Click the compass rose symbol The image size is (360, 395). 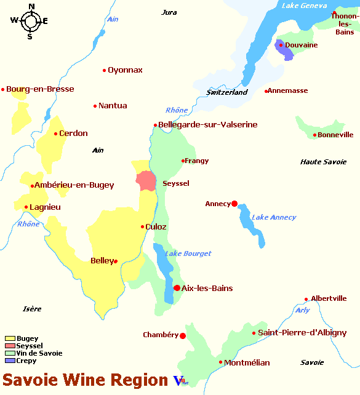[x=30, y=22]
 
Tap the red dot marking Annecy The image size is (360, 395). [x=234, y=204]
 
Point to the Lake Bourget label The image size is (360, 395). [x=188, y=253]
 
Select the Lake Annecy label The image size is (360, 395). [x=274, y=217]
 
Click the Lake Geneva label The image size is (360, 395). [x=303, y=6]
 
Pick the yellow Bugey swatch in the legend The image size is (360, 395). [x=10, y=338]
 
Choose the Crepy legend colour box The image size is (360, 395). [x=10, y=361]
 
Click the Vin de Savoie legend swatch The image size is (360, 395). [x=10, y=353]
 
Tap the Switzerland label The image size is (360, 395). [x=226, y=92]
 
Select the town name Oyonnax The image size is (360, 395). [x=125, y=70]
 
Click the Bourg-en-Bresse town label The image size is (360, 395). [x=40, y=89]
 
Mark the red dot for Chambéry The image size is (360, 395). [x=183, y=335]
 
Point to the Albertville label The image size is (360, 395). [x=329, y=298]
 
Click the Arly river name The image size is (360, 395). [x=302, y=310]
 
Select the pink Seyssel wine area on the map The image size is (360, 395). [x=146, y=182]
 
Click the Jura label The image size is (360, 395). [x=169, y=12]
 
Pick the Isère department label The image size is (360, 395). [x=32, y=309]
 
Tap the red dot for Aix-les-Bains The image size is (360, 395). [x=177, y=288]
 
